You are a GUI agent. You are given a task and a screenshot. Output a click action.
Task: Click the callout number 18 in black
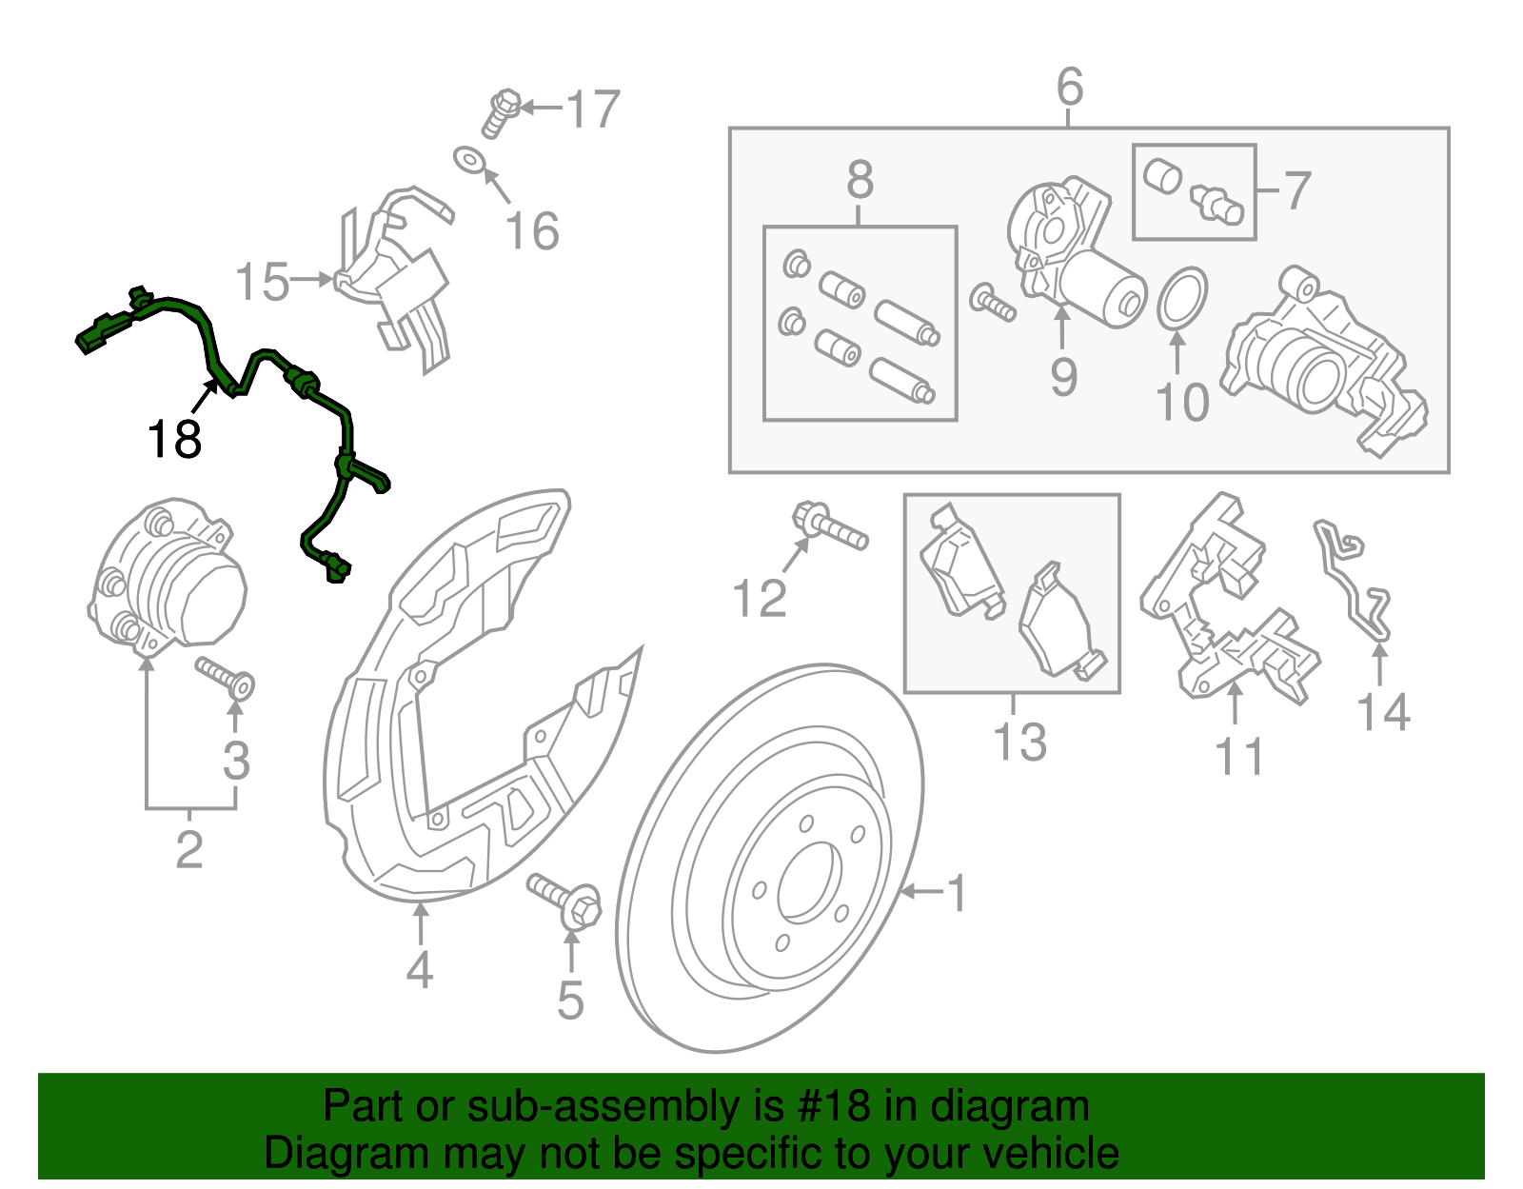tap(174, 440)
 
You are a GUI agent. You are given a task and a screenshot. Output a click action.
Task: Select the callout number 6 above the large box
tap(1070, 88)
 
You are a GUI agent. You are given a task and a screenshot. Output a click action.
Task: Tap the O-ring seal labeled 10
tap(1182, 297)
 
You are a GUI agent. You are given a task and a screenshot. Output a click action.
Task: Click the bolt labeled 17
tap(502, 111)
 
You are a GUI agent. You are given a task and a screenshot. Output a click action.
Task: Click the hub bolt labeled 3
tap(226, 675)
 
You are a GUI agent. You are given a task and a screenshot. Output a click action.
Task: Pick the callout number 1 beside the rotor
tap(958, 893)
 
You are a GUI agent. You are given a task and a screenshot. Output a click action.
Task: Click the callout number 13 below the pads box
tap(1019, 743)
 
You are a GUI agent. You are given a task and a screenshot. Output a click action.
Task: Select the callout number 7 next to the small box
tap(1297, 190)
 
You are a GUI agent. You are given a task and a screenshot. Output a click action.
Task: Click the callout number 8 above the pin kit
tap(860, 179)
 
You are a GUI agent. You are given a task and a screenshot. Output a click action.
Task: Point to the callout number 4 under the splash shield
tap(419, 970)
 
